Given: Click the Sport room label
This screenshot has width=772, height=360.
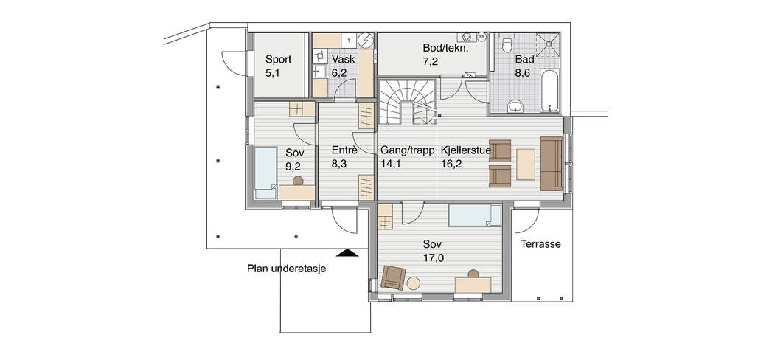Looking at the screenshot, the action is coord(278,60).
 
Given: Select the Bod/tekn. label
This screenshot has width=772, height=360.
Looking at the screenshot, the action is coord(445,48).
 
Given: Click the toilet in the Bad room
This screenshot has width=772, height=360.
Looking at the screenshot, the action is coord(506,44).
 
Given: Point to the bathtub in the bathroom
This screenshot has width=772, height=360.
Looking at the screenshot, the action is coord(550,91).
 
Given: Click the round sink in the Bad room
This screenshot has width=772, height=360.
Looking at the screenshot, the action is coord(515,105).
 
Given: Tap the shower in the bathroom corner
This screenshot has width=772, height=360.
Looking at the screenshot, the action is coord(548,45).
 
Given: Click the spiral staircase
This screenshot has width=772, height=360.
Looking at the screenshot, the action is coord(407,102).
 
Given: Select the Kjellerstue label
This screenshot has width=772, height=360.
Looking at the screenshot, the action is coord(466,150).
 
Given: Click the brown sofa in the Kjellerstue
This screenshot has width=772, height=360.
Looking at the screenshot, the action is coord(551,164).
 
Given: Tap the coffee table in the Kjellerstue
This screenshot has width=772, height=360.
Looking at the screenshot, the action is coord(525,164).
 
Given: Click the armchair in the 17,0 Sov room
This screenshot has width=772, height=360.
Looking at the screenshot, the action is coord(394,277).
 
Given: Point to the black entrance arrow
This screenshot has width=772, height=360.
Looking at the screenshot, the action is coord(349,253).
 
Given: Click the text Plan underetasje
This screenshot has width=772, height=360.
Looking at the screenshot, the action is coord(287,269).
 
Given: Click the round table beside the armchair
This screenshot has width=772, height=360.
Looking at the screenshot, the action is coord(414,283).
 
